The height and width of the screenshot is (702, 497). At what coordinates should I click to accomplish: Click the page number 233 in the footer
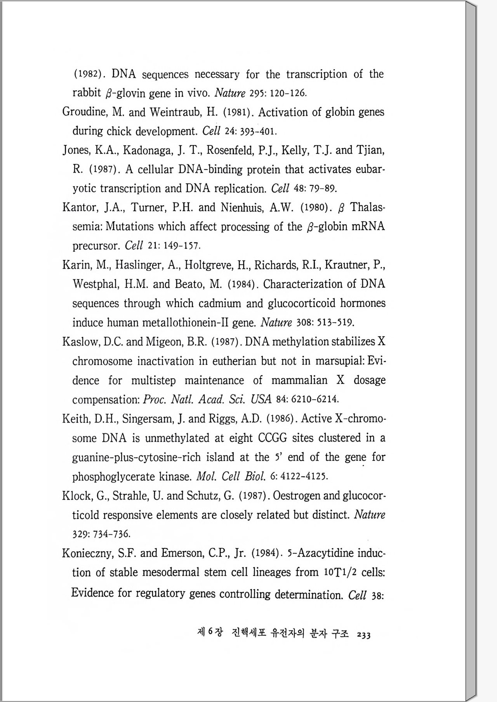click(364, 635)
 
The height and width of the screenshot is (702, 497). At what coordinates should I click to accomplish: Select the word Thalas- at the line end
click(368, 207)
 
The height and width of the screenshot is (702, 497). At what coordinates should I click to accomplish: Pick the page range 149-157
click(182, 246)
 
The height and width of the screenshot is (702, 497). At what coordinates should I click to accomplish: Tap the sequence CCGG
click(273, 438)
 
